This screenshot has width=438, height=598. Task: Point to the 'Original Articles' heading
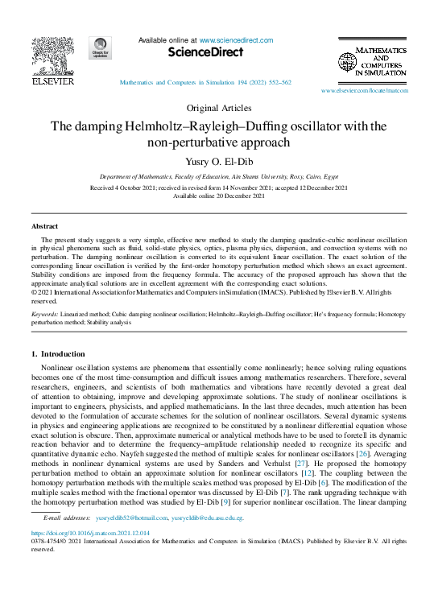coord(219,107)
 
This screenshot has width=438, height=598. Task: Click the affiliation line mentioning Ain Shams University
coord(219,175)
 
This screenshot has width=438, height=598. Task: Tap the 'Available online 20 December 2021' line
coord(219,196)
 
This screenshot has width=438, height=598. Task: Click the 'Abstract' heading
coord(43,227)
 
